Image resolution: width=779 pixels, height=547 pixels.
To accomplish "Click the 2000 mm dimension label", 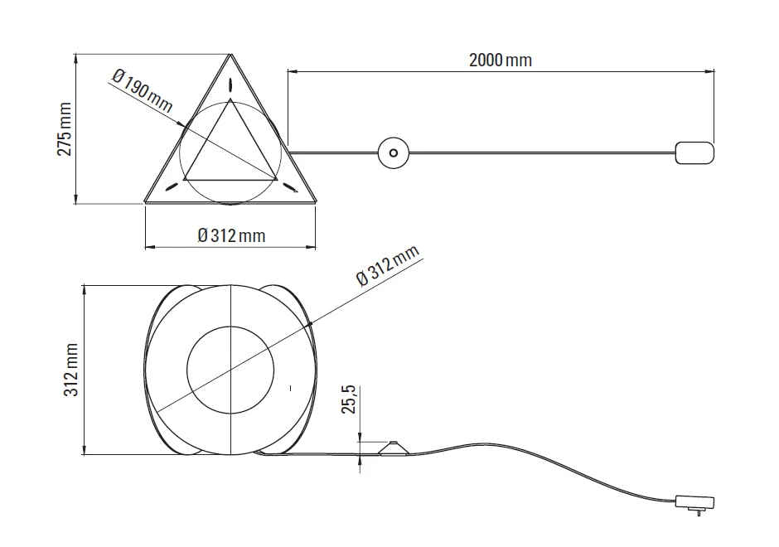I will click(x=501, y=60).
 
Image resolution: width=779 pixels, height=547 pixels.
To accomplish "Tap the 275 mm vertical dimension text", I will click(x=65, y=129).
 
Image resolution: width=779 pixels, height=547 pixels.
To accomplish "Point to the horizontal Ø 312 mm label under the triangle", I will click(x=231, y=235).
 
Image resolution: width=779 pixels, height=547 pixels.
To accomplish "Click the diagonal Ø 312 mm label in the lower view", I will click(x=388, y=266).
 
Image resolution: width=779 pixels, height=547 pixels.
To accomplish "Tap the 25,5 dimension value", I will click(x=350, y=399).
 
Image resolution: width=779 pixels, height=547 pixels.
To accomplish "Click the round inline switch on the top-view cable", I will click(x=394, y=152).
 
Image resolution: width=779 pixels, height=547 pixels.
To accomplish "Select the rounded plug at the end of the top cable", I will click(x=694, y=152).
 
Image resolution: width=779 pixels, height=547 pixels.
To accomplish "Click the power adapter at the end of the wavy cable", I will click(x=694, y=501).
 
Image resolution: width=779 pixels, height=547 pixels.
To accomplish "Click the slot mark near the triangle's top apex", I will click(x=230, y=85).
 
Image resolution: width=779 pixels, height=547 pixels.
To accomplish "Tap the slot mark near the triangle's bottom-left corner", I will click(x=172, y=187).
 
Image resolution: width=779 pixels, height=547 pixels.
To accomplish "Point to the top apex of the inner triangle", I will click(x=230, y=103).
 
